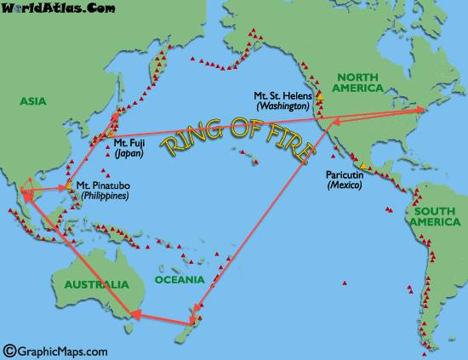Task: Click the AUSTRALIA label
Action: pos(89,284)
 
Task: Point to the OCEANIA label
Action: pos(180,279)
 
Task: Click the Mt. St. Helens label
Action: pos(283,95)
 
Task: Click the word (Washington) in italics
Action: pos(283,107)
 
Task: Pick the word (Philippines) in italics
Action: pos(100,196)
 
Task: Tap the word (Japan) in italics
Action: pos(128,154)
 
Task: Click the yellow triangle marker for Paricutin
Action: pos(362,165)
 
